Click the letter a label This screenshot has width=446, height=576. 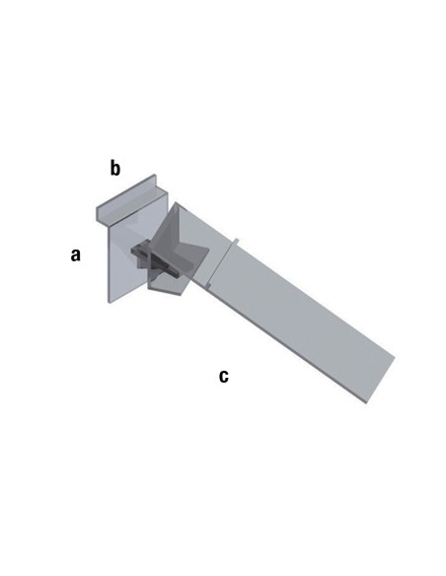click(x=75, y=254)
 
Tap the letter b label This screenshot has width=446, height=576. click(x=115, y=169)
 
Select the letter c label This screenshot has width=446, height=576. click(x=224, y=377)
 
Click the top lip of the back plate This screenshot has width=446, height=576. click(x=126, y=197)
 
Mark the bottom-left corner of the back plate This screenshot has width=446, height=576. click(x=109, y=303)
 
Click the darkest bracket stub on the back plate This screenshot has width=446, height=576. click(x=141, y=251)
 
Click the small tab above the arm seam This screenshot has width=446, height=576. click(x=236, y=241)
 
